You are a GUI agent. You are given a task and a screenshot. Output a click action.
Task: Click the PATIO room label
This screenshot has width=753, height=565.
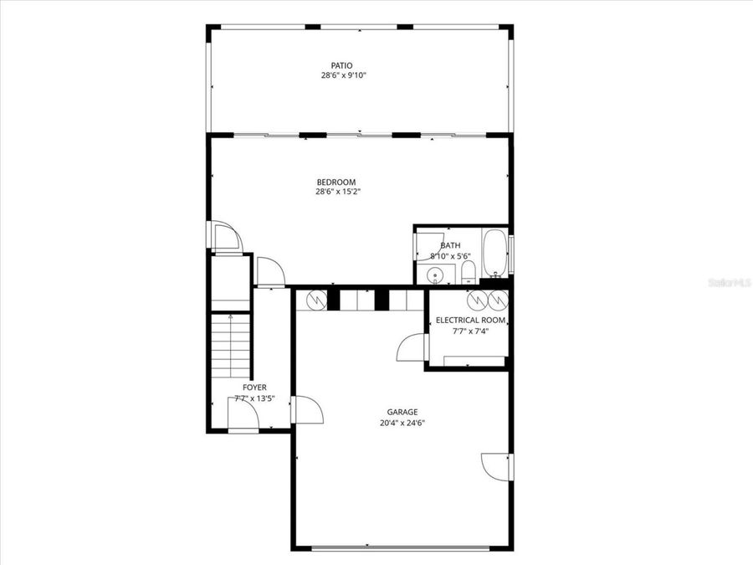(x=341, y=64)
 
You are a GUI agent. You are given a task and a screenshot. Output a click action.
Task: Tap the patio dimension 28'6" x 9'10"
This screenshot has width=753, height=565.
(x=344, y=75)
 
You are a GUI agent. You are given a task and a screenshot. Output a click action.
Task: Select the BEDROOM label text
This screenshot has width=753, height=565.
(x=336, y=182)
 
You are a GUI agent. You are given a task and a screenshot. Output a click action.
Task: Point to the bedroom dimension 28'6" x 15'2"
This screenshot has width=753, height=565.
(x=338, y=192)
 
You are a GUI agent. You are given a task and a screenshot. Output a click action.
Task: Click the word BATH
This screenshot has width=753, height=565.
(x=450, y=245)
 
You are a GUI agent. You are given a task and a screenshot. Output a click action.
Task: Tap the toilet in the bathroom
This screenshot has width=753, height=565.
(x=469, y=271)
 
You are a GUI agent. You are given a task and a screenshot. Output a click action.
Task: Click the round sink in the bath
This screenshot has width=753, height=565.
(x=435, y=275)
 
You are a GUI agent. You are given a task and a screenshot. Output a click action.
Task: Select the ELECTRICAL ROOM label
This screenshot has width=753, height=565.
(x=470, y=320)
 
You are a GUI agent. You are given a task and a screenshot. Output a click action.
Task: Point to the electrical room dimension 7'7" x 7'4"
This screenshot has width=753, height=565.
(x=470, y=331)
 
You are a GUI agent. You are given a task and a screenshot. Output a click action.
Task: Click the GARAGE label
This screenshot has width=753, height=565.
(x=402, y=412)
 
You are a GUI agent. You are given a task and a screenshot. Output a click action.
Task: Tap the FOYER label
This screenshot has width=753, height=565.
(x=254, y=388)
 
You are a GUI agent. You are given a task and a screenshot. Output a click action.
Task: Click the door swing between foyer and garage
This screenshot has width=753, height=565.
(x=308, y=410)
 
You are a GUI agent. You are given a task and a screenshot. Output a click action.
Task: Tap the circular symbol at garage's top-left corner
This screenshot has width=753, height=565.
(x=315, y=299)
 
